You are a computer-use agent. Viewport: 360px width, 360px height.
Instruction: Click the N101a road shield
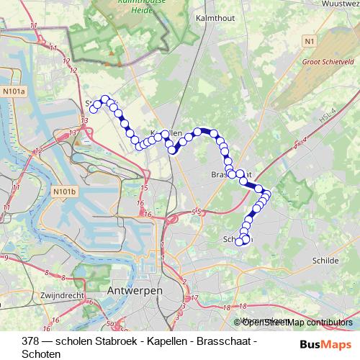click(14, 91)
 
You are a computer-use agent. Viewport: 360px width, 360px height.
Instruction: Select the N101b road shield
click(64, 192)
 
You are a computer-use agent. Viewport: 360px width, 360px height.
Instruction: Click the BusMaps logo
click(325, 343)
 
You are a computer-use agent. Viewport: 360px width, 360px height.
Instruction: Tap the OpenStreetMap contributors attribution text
click(297, 323)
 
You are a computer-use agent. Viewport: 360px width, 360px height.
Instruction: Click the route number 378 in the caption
click(31, 341)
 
